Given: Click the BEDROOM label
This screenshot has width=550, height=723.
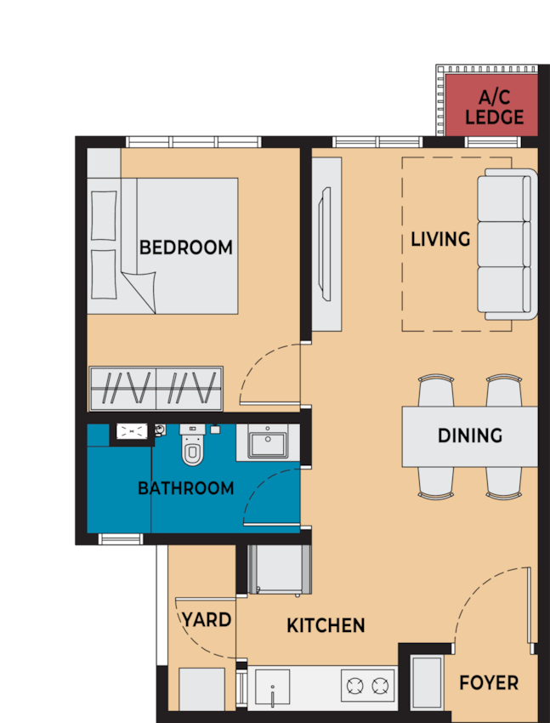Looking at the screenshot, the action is click(x=185, y=248).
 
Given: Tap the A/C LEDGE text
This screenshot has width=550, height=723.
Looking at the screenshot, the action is click(x=494, y=107).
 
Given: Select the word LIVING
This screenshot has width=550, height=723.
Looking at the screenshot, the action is click(x=440, y=239).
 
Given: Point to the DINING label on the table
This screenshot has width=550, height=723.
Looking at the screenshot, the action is click(x=470, y=436).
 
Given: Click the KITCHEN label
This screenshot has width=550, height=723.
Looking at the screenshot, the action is click(x=326, y=626).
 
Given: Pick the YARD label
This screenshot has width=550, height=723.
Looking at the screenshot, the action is click(x=207, y=620).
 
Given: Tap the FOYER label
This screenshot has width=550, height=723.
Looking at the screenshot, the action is click(x=489, y=683).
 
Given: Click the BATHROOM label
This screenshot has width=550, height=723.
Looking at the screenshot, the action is click(x=185, y=488).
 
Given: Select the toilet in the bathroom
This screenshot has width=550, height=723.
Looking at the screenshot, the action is click(x=192, y=445).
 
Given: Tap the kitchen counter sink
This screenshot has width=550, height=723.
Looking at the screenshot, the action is click(x=272, y=688).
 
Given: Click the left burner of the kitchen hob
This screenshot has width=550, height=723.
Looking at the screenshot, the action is click(x=355, y=686).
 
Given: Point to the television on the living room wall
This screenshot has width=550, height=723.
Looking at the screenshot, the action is click(x=326, y=244).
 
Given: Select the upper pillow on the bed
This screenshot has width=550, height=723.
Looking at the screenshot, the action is click(x=104, y=215).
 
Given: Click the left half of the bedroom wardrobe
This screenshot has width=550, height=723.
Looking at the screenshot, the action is click(x=123, y=388).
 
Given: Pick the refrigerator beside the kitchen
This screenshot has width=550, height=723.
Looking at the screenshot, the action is click(x=280, y=570).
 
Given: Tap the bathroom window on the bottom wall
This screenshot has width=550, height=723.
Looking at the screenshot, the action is click(x=121, y=538).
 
